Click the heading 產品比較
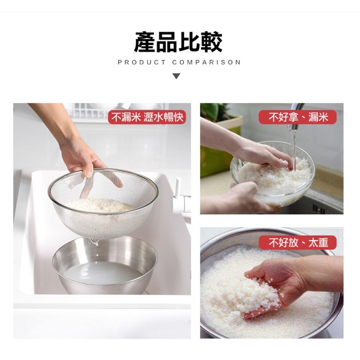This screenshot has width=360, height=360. (178, 42)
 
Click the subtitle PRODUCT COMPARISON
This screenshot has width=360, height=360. (179, 62)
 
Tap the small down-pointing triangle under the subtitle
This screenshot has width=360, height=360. (176, 76)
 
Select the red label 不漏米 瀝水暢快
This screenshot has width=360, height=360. (147, 117)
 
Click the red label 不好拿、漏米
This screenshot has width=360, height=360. (298, 117)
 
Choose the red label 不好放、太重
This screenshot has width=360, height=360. (298, 243)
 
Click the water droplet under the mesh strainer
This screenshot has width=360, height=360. (95, 242)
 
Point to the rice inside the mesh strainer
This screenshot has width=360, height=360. (99, 205)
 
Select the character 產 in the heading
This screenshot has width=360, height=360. (144, 42)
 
